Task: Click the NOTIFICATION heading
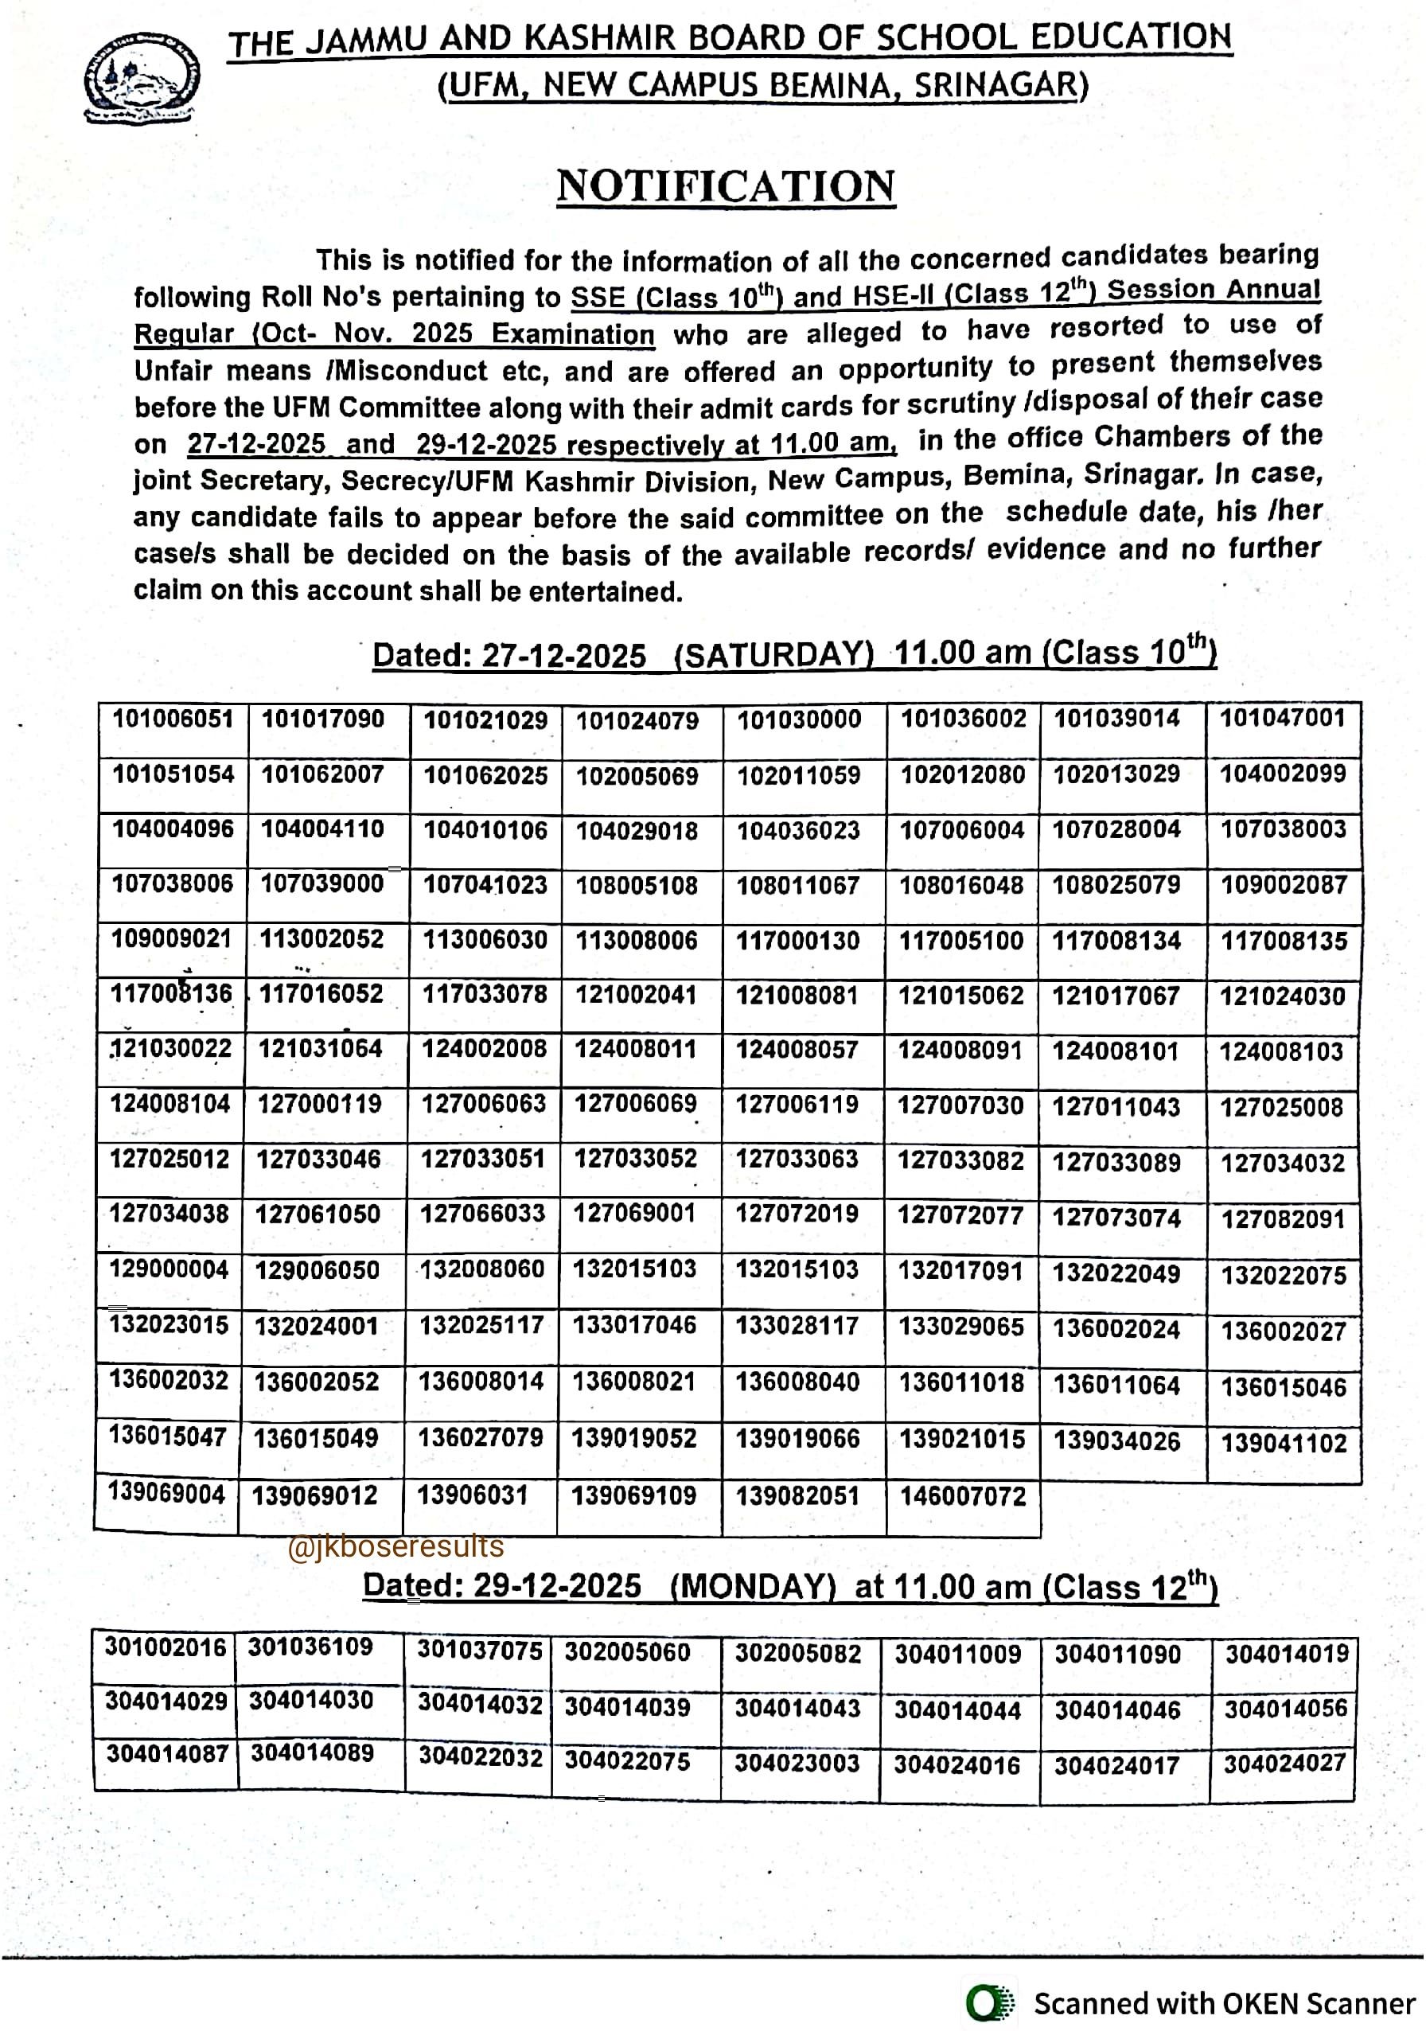(x=726, y=187)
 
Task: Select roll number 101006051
(x=173, y=719)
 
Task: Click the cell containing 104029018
(x=637, y=831)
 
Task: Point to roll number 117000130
(x=798, y=941)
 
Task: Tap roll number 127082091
(x=1283, y=1219)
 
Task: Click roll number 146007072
(x=962, y=1496)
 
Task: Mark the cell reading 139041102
(x=1284, y=1443)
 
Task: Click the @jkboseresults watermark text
(x=395, y=1546)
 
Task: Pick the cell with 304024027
(x=1284, y=1763)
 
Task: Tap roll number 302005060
(x=627, y=1651)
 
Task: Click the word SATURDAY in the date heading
(x=773, y=656)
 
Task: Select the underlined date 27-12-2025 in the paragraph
(x=256, y=443)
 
